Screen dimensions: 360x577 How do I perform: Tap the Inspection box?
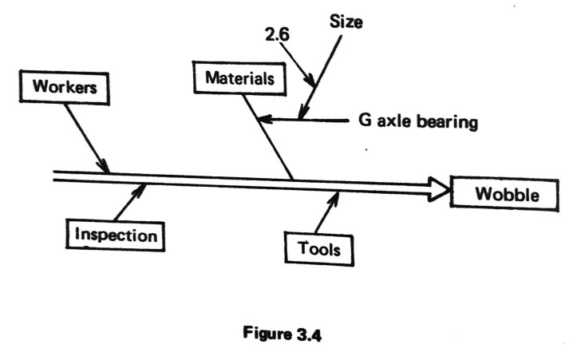117,235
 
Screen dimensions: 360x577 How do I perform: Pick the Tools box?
319,248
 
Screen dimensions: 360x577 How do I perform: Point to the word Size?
346,23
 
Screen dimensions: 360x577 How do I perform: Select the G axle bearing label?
418,122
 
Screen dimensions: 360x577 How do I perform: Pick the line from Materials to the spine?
274,144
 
